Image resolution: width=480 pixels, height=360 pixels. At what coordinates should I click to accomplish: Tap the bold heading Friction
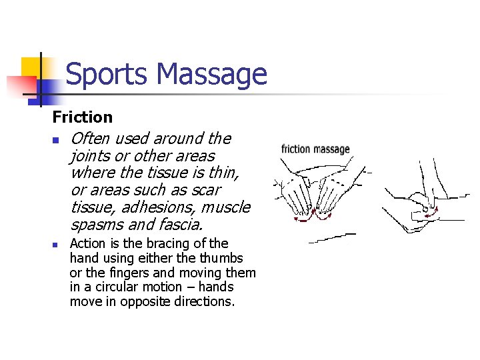(x=83, y=117)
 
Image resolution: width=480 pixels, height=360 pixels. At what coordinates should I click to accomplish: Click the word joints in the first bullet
(x=89, y=156)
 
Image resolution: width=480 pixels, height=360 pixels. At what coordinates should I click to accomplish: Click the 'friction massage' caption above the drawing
(x=315, y=149)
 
